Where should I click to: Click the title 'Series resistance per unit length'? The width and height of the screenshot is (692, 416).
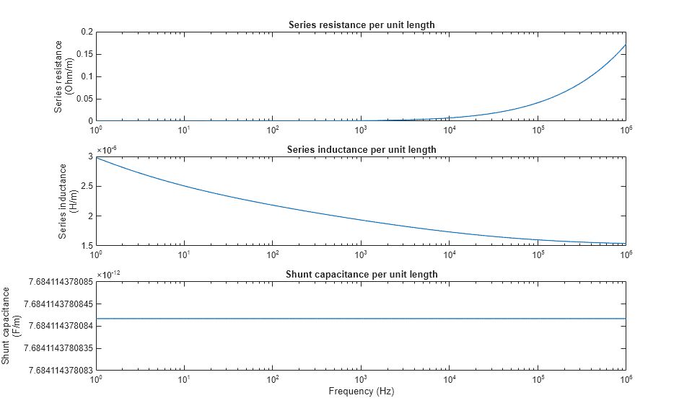pyautogui.click(x=361, y=25)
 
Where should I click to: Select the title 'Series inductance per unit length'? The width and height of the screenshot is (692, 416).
pyautogui.click(x=361, y=149)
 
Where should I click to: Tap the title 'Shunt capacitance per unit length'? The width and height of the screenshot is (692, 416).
pyautogui.click(x=361, y=274)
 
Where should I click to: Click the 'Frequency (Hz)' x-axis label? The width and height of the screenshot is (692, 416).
pyautogui.click(x=361, y=391)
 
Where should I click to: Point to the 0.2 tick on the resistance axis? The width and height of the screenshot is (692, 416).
pyautogui.click(x=87, y=32)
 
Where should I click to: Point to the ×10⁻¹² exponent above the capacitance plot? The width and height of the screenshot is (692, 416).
pyautogui.click(x=108, y=274)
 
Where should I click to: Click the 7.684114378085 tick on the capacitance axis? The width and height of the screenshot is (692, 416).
pyautogui.click(x=58, y=281)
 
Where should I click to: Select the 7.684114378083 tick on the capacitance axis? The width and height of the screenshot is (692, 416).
pyautogui.click(x=58, y=371)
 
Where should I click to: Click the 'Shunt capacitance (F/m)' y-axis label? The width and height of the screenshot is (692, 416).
pyautogui.click(x=11, y=325)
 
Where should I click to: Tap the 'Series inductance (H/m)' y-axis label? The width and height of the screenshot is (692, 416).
pyautogui.click(x=68, y=200)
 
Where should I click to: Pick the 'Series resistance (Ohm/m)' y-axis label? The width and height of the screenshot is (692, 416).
pyautogui.click(x=63, y=76)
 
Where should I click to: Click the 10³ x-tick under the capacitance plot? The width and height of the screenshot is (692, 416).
pyautogui.click(x=361, y=379)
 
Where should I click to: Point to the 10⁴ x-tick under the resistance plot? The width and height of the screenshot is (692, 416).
pyautogui.click(x=449, y=130)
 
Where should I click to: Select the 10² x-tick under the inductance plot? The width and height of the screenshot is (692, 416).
pyautogui.click(x=273, y=255)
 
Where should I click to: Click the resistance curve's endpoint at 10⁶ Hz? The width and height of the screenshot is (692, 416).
pyautogui.click(x=625, y=45)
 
